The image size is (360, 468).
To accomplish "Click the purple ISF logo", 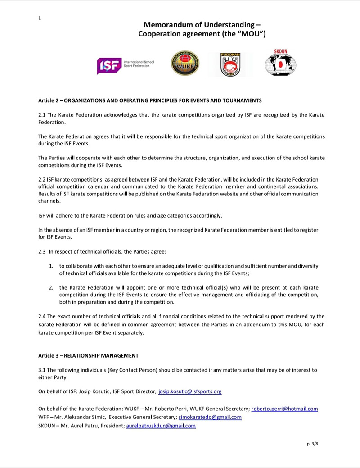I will (109, 66).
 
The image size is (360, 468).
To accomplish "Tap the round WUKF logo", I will (185, 63).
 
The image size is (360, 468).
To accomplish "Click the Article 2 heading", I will (150, 100).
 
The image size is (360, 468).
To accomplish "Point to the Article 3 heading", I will (88, 355).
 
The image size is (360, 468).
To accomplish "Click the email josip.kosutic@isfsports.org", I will (190, 391).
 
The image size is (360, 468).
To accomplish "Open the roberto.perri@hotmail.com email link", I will (284, 409).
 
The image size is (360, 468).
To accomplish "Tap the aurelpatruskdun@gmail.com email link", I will (161, 426).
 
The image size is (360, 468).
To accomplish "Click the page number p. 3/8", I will (312, 444).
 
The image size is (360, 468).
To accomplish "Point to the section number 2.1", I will (42, 115).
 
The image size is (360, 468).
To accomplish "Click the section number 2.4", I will (42, 316).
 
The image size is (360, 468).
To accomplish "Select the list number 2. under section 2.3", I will (51, 287).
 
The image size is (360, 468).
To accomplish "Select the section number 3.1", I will (42, 370).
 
